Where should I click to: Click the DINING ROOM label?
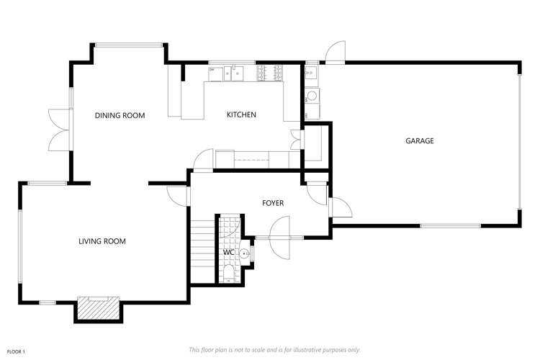(120, 115)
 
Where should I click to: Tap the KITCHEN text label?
(241, 115)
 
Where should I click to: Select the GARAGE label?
(419, 141)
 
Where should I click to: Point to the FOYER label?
(272, 203)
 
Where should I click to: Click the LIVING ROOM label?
(102, 241)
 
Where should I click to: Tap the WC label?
(228, 253)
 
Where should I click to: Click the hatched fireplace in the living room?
(96, 308)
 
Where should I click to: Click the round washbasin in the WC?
(245, 253)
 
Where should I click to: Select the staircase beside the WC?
(203, 252)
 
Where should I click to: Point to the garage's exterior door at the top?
(335, 55)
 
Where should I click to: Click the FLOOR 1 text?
(16, 351)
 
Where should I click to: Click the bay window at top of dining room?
(128, 45)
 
